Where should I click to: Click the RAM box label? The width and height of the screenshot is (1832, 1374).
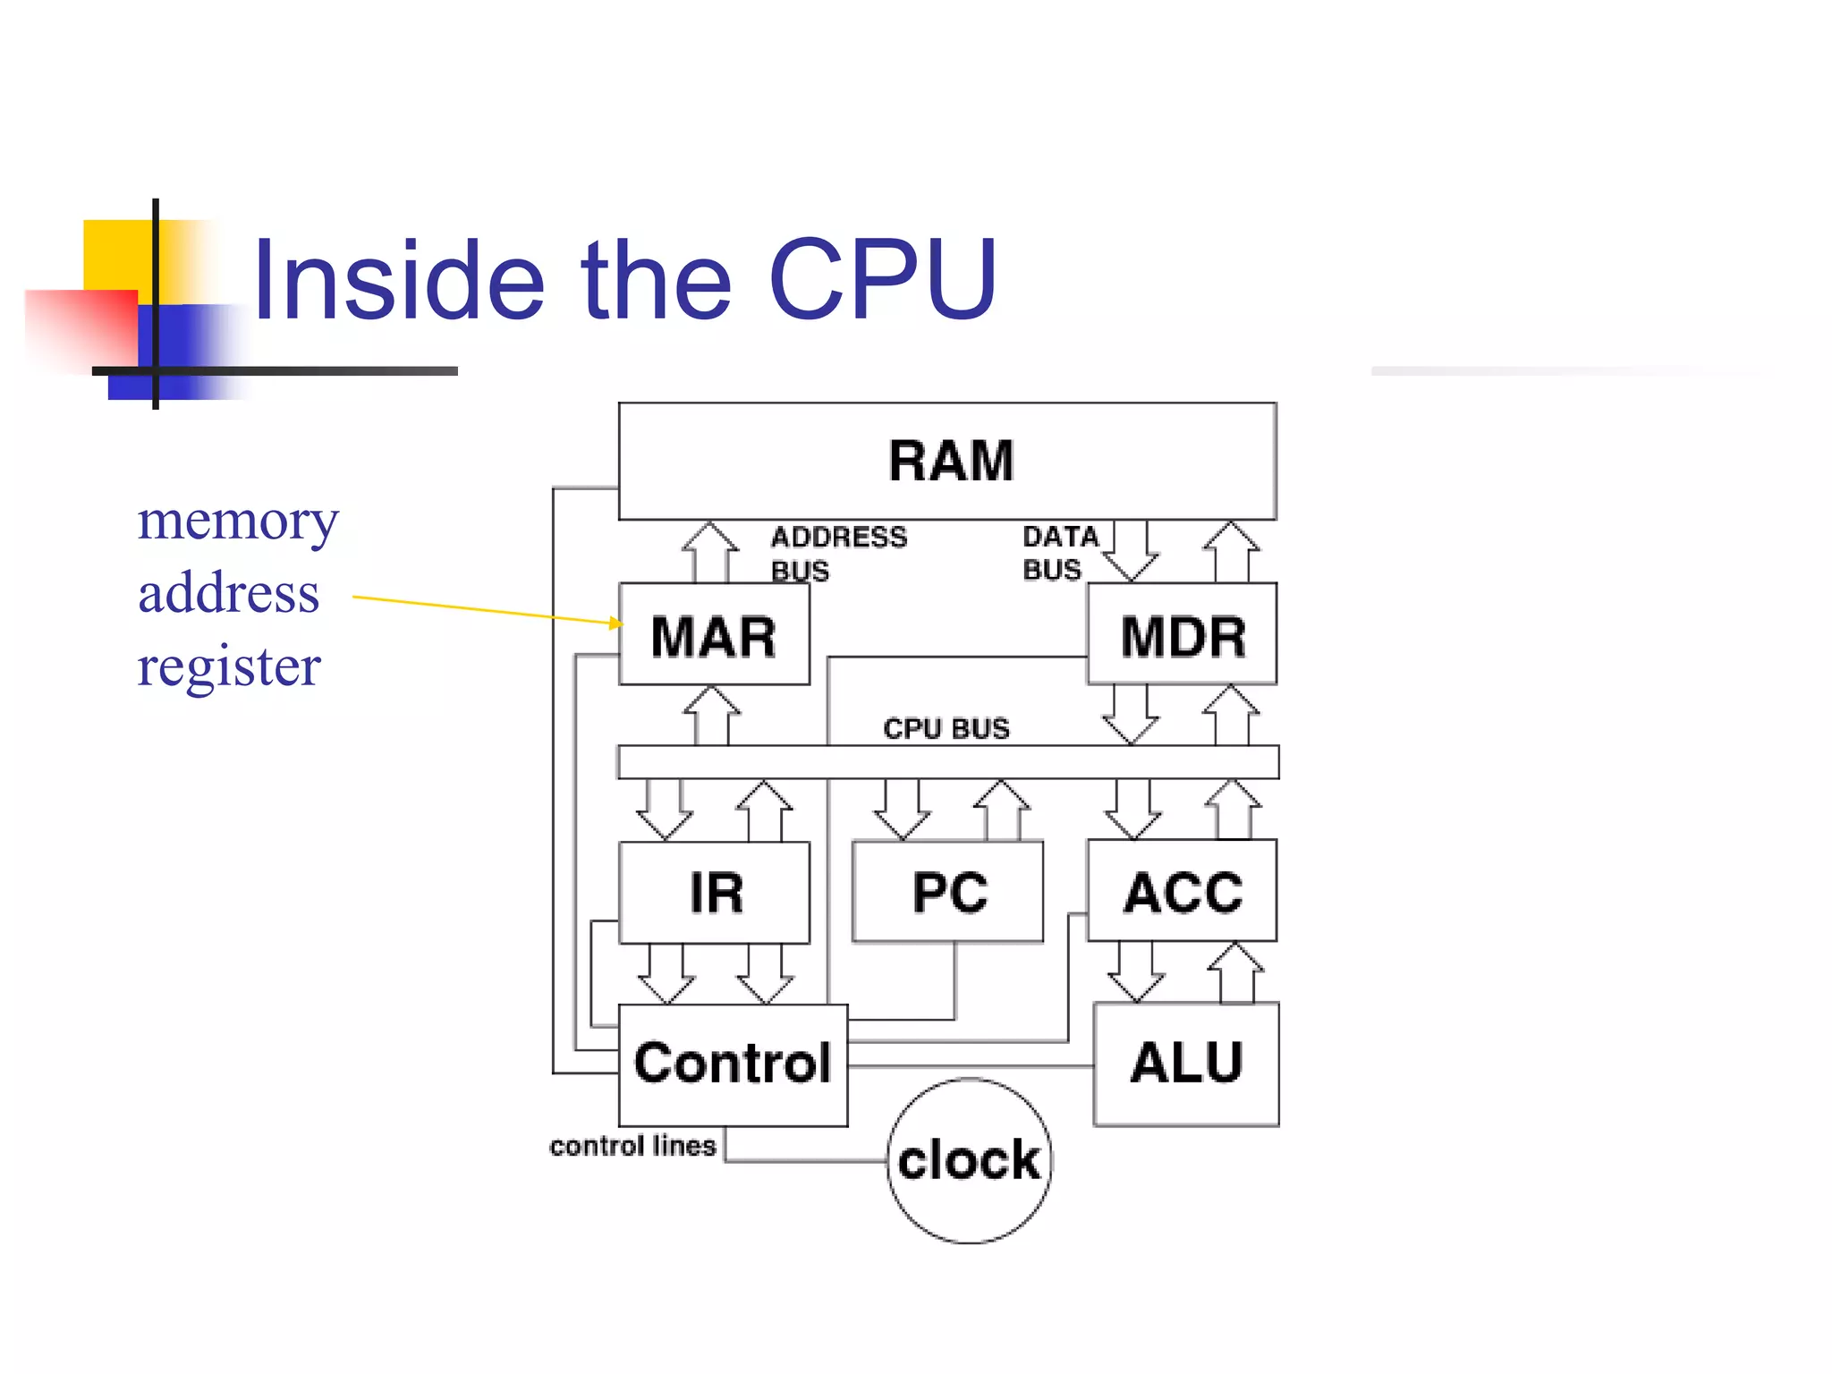(950, 462)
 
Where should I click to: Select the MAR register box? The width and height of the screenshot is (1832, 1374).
(714, 636)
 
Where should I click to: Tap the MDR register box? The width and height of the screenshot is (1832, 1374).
(1183, 636)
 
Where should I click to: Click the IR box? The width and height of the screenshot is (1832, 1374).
(715, 893)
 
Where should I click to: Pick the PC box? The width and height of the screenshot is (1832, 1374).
(948, 893)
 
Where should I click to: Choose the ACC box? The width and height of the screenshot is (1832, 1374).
(1183, 892)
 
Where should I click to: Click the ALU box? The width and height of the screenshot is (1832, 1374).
(1186, 1064)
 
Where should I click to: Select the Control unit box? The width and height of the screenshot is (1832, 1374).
(733, 1064)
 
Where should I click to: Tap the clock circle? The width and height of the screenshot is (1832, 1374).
(970, 1160)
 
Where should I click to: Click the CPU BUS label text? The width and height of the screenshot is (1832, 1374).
(946, 728)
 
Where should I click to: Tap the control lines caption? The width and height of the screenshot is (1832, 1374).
(632, 1146)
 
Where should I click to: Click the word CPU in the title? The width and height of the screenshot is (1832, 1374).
(882, 279)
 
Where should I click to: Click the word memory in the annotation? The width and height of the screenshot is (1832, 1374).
(238, 521)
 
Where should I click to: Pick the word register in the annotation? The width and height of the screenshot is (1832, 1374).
(229, 666)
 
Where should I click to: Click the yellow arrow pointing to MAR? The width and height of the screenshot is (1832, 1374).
(483, 608)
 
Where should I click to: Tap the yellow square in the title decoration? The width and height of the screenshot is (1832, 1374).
(116, 254)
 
